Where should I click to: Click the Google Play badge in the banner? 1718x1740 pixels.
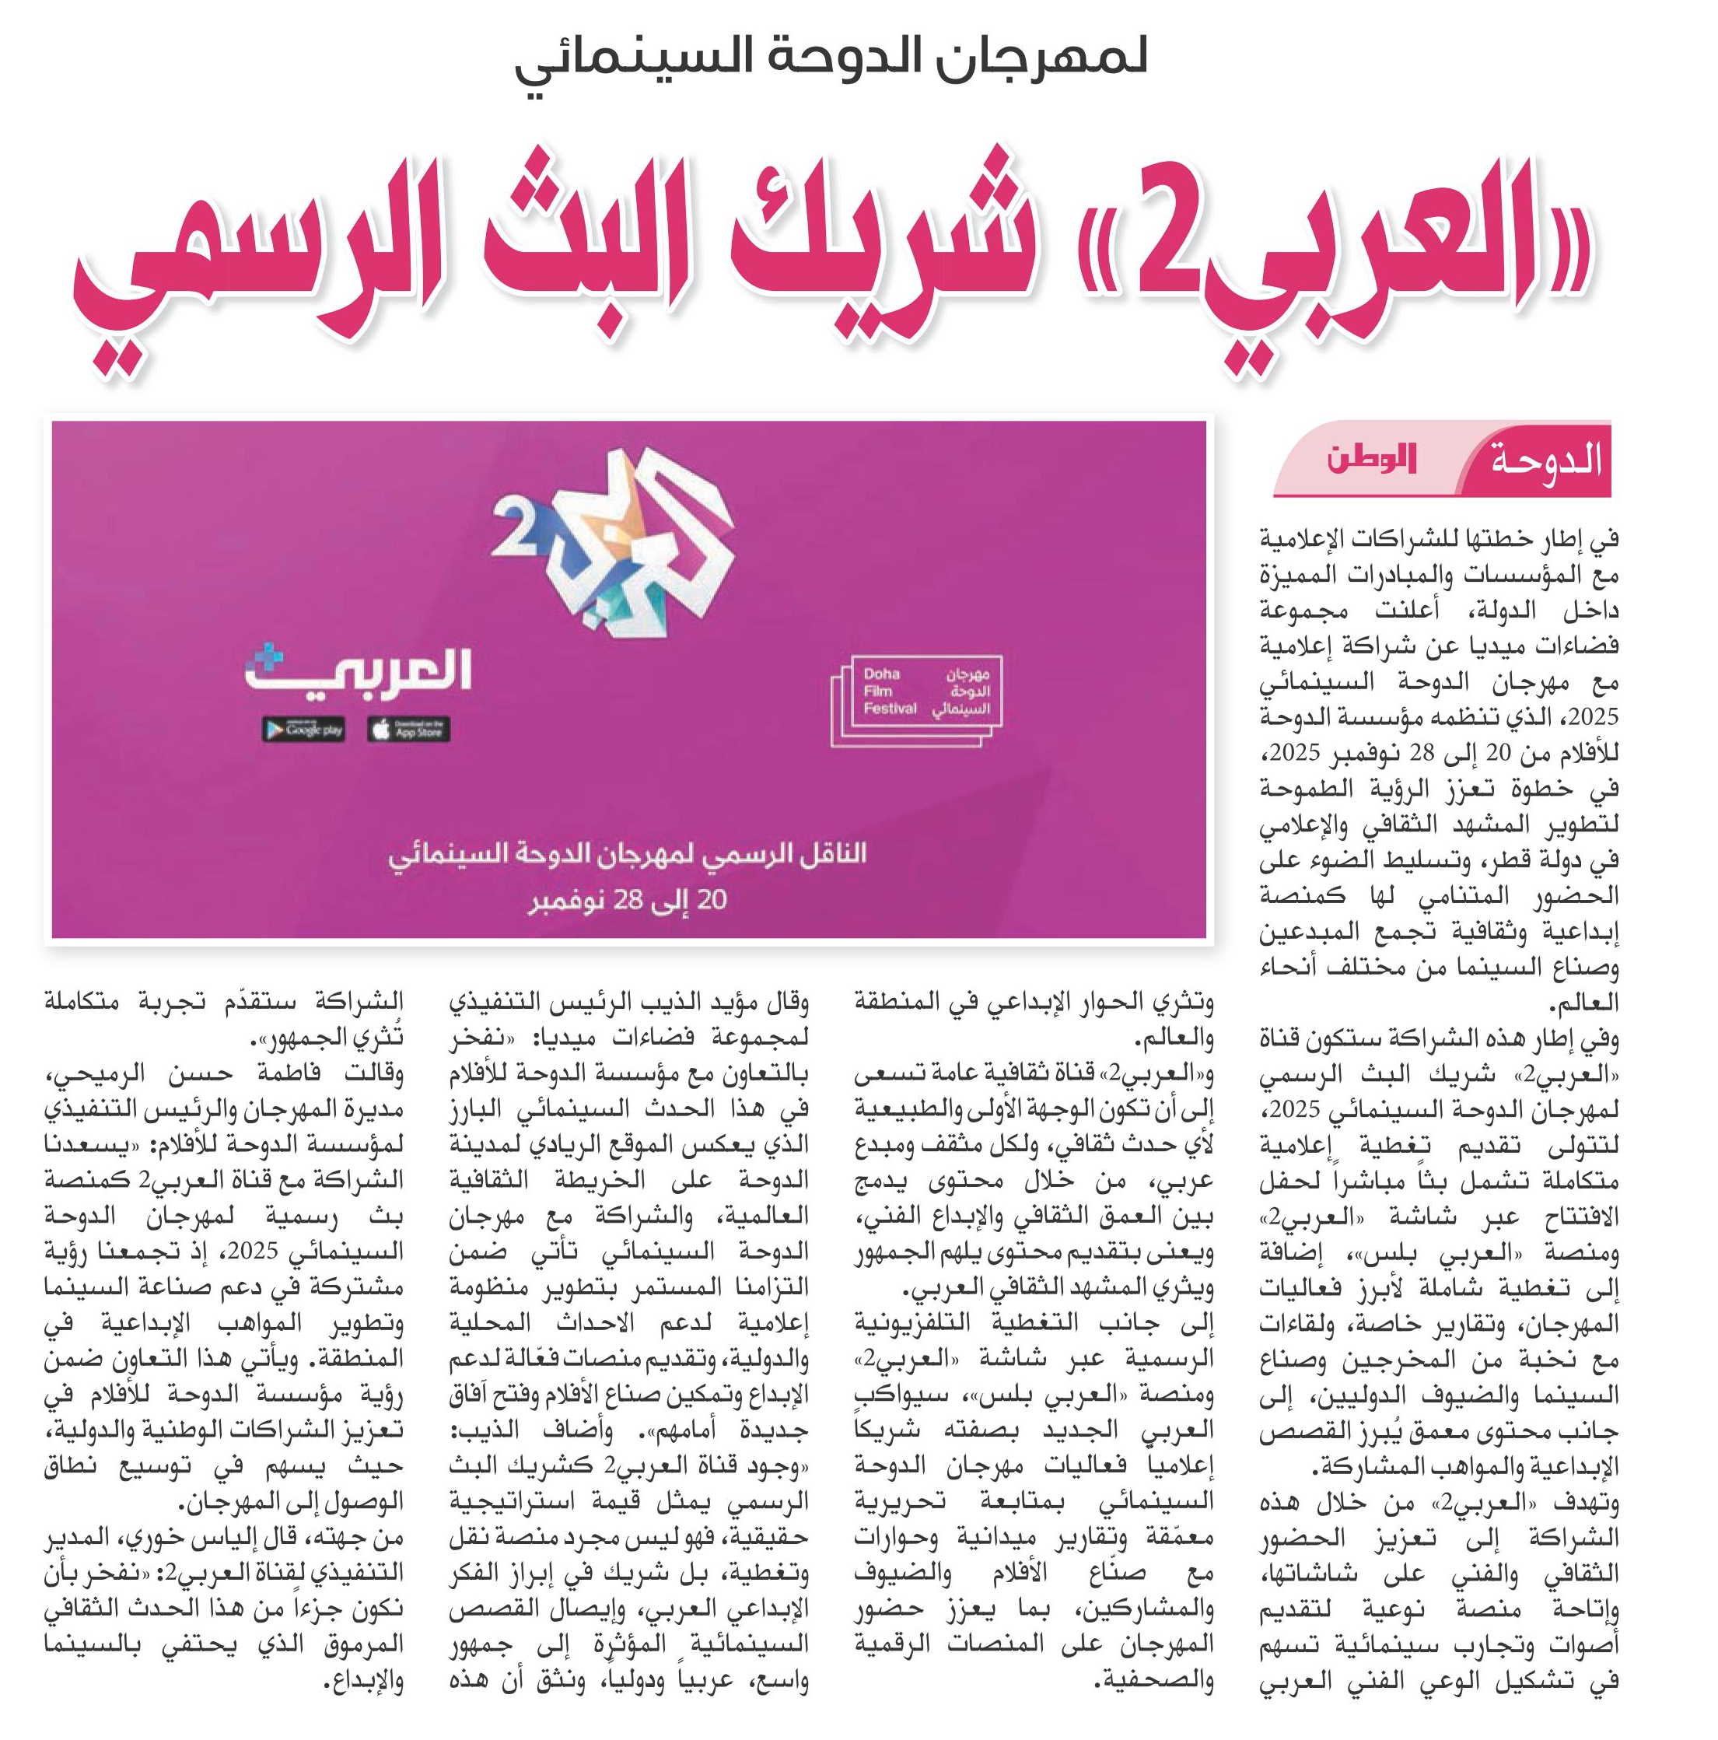pyautogui.click(x=303, y=729)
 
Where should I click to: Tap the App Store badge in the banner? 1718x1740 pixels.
pyautogui.click(x=408, y=729)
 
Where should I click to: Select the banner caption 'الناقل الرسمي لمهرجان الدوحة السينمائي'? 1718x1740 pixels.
pyautogui.click(x=628, y=854)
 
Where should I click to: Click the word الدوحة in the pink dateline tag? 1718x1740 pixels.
pyautogui.click(x=1546, y=461)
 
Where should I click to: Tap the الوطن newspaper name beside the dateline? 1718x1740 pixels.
pyautogui.click(x=1371, y=460)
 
